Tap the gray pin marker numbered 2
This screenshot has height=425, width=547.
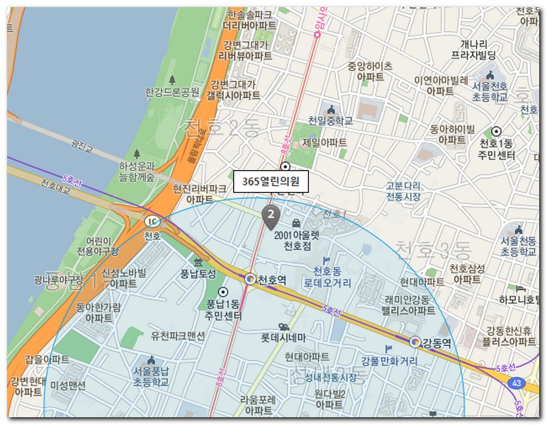tap(270, 215)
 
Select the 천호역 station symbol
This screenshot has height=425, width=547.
tap(250, 279)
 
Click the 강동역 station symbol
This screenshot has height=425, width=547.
tap(416, 342)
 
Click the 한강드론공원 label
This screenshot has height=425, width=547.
tap(172, 92)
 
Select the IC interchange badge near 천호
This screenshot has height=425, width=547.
tap(152, 220)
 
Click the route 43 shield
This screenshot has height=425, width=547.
tap(516, 382)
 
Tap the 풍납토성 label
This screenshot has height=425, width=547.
tap(198, 273)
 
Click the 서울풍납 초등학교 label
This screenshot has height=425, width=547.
tap(151, 376)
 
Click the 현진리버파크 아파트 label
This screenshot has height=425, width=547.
tap(199, 194)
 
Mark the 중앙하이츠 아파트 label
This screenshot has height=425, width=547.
tap(369, 71)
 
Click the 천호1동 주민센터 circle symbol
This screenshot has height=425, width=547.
tap(497, 131)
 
